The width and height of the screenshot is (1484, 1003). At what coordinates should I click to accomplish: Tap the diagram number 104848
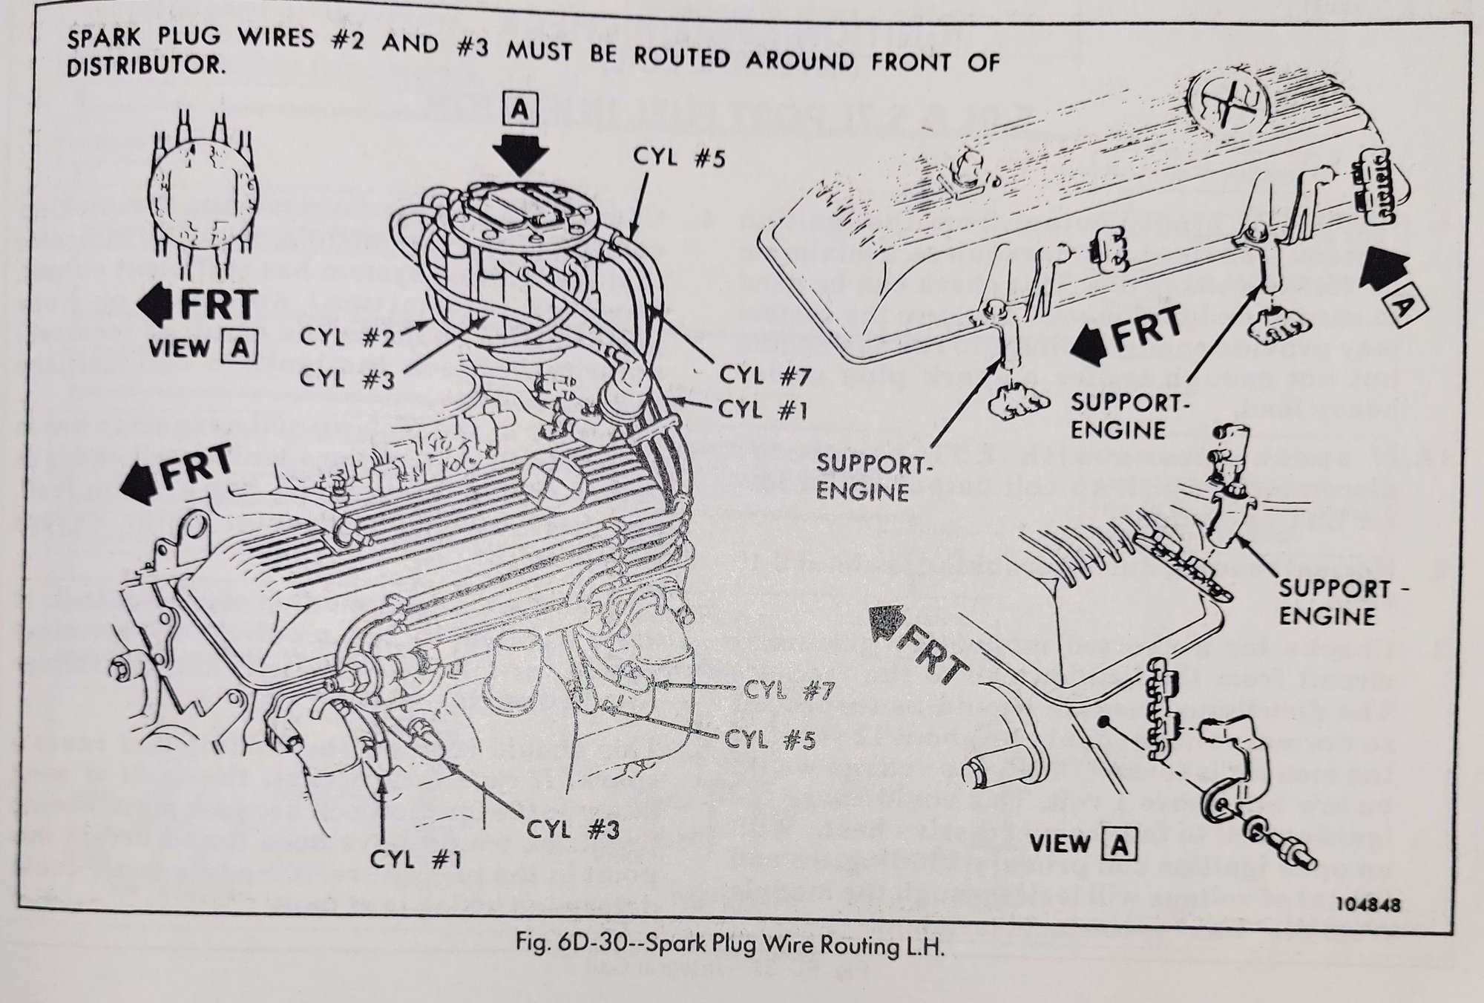1370,906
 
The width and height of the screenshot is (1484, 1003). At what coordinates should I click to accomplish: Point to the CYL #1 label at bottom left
416,860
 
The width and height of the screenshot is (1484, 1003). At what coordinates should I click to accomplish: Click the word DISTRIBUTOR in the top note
145,65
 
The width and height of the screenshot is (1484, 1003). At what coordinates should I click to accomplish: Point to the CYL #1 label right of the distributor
764,410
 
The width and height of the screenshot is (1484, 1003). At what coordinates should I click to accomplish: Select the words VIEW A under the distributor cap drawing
203,347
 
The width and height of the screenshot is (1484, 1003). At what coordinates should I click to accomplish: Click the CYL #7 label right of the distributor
762,376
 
